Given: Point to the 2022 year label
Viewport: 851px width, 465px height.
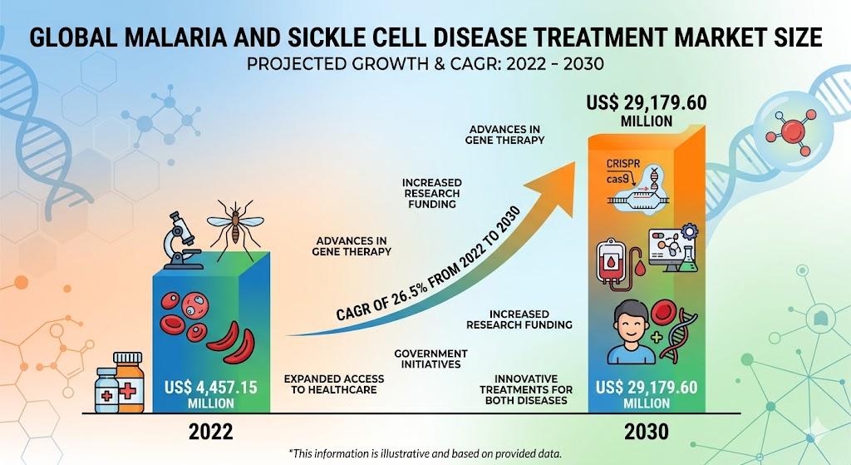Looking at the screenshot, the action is point(210,432).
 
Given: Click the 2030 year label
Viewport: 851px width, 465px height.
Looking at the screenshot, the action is point(647,432).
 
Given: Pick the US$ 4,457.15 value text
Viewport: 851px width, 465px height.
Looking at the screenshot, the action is point(210,388).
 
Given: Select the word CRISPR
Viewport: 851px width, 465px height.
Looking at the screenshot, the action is point(623,164).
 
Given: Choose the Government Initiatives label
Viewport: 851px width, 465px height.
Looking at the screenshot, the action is point(431,359).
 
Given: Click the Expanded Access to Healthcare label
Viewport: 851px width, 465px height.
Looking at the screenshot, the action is point(334,384).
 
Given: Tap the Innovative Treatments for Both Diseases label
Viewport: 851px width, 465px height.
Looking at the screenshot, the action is point(526,389).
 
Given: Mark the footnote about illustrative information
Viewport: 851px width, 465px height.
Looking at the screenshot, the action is point(425,453).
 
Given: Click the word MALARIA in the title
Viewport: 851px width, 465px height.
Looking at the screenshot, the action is point(186,37).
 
